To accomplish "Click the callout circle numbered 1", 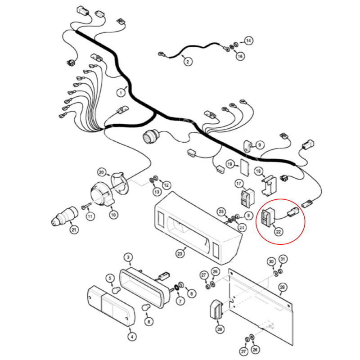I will pos(121,93).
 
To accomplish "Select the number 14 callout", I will pos(249,41).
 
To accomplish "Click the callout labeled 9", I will pos(259,145).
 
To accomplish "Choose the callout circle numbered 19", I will pos(230,164).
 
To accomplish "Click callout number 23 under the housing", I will pos(180,254).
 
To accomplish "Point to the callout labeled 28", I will pos(283,287).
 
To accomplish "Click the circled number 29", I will pos(220,330).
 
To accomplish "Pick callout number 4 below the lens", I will pos(131,336).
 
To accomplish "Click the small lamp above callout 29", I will pos(217,311).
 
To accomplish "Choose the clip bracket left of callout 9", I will pos(247,146).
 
